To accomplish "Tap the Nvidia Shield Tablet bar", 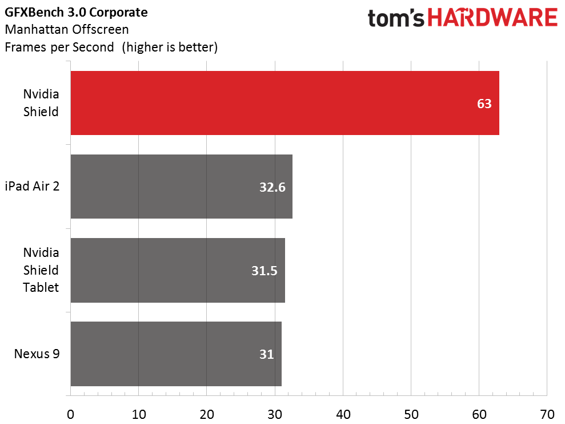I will point(178,270).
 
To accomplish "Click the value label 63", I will point(484,104).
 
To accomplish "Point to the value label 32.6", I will point(272,187).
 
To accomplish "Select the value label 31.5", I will point(265,271).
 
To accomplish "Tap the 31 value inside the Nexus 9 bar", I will point(266,354).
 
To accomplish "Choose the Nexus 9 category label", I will point(37,354).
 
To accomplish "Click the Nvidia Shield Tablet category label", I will point(41,270).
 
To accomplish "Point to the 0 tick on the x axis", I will point(70,413).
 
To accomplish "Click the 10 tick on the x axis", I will point(138,413).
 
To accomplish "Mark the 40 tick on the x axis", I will point(343,413).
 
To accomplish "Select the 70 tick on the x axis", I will point(547,413).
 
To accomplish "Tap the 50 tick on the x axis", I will point(411,413).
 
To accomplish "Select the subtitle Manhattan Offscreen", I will point(66,29).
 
